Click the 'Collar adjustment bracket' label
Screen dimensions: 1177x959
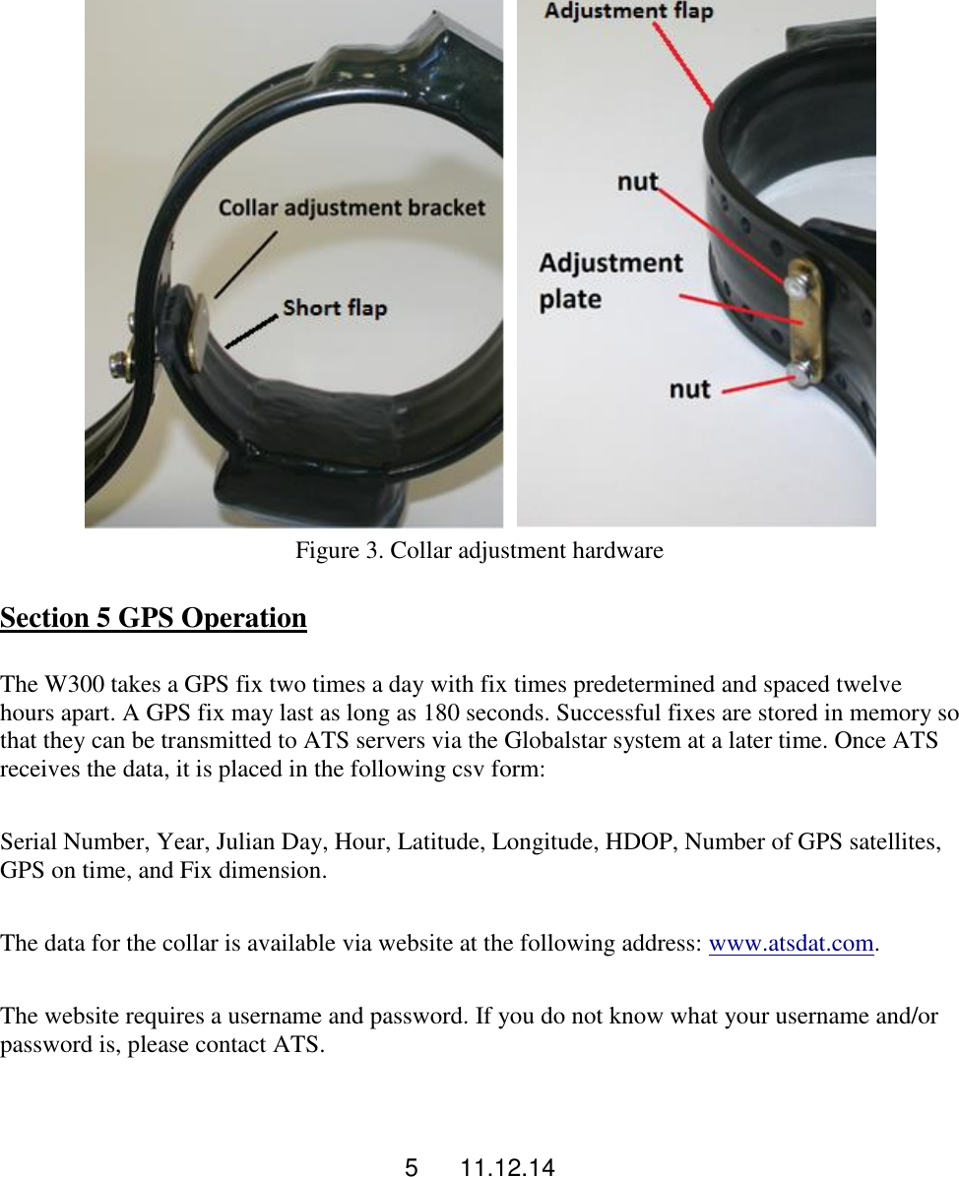pos(352,208)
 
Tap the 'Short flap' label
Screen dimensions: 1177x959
pos(334,308)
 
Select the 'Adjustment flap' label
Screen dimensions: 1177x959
pos(628,12)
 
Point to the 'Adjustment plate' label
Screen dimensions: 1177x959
pos(610,280)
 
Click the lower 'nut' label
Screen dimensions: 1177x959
pos(689,389)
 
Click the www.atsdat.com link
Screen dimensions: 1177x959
pos(792,944)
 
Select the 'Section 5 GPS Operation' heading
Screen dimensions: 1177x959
pos(154,618)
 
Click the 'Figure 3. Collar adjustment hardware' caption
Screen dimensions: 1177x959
pos(479,551)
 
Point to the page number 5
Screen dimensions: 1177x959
pos(412,1168)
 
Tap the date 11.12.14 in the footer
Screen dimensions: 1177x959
pos(507,1168)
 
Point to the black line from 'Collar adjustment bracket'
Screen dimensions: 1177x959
pos(246,264)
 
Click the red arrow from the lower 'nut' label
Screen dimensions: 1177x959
pos(758,384)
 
